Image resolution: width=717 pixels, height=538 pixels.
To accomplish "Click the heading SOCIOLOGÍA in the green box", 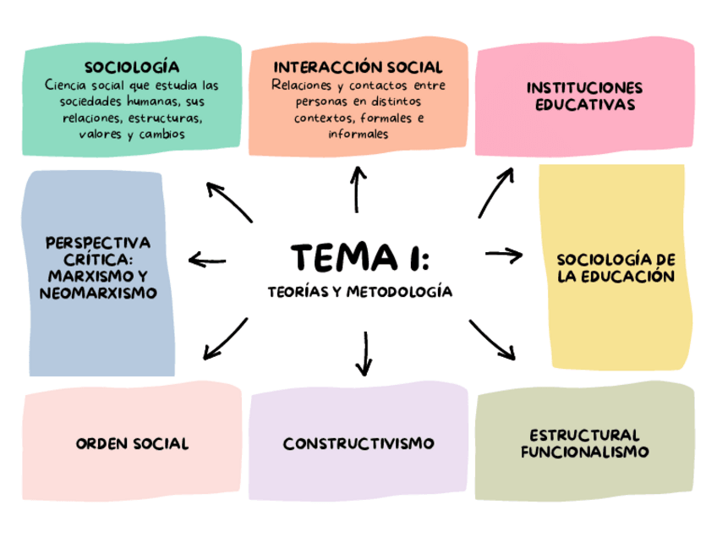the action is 131,67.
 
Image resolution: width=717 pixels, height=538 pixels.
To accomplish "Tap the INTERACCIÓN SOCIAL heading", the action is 358,67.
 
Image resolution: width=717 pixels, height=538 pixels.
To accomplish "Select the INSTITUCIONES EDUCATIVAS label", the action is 584,96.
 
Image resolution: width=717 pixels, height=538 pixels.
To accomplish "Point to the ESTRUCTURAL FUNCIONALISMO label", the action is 584,443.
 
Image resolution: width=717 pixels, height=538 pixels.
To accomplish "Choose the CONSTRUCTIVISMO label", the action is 358,443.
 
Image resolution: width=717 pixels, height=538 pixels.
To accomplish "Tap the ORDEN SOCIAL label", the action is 132,443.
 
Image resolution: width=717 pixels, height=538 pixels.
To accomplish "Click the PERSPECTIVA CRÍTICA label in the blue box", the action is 99,267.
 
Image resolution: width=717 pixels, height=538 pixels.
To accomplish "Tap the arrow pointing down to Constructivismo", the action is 364,353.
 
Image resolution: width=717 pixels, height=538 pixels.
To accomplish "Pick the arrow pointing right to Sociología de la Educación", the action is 505,253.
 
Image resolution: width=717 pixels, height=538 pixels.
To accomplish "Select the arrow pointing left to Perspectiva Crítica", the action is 208,260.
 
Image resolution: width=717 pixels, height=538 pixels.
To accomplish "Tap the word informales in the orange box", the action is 358,134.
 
